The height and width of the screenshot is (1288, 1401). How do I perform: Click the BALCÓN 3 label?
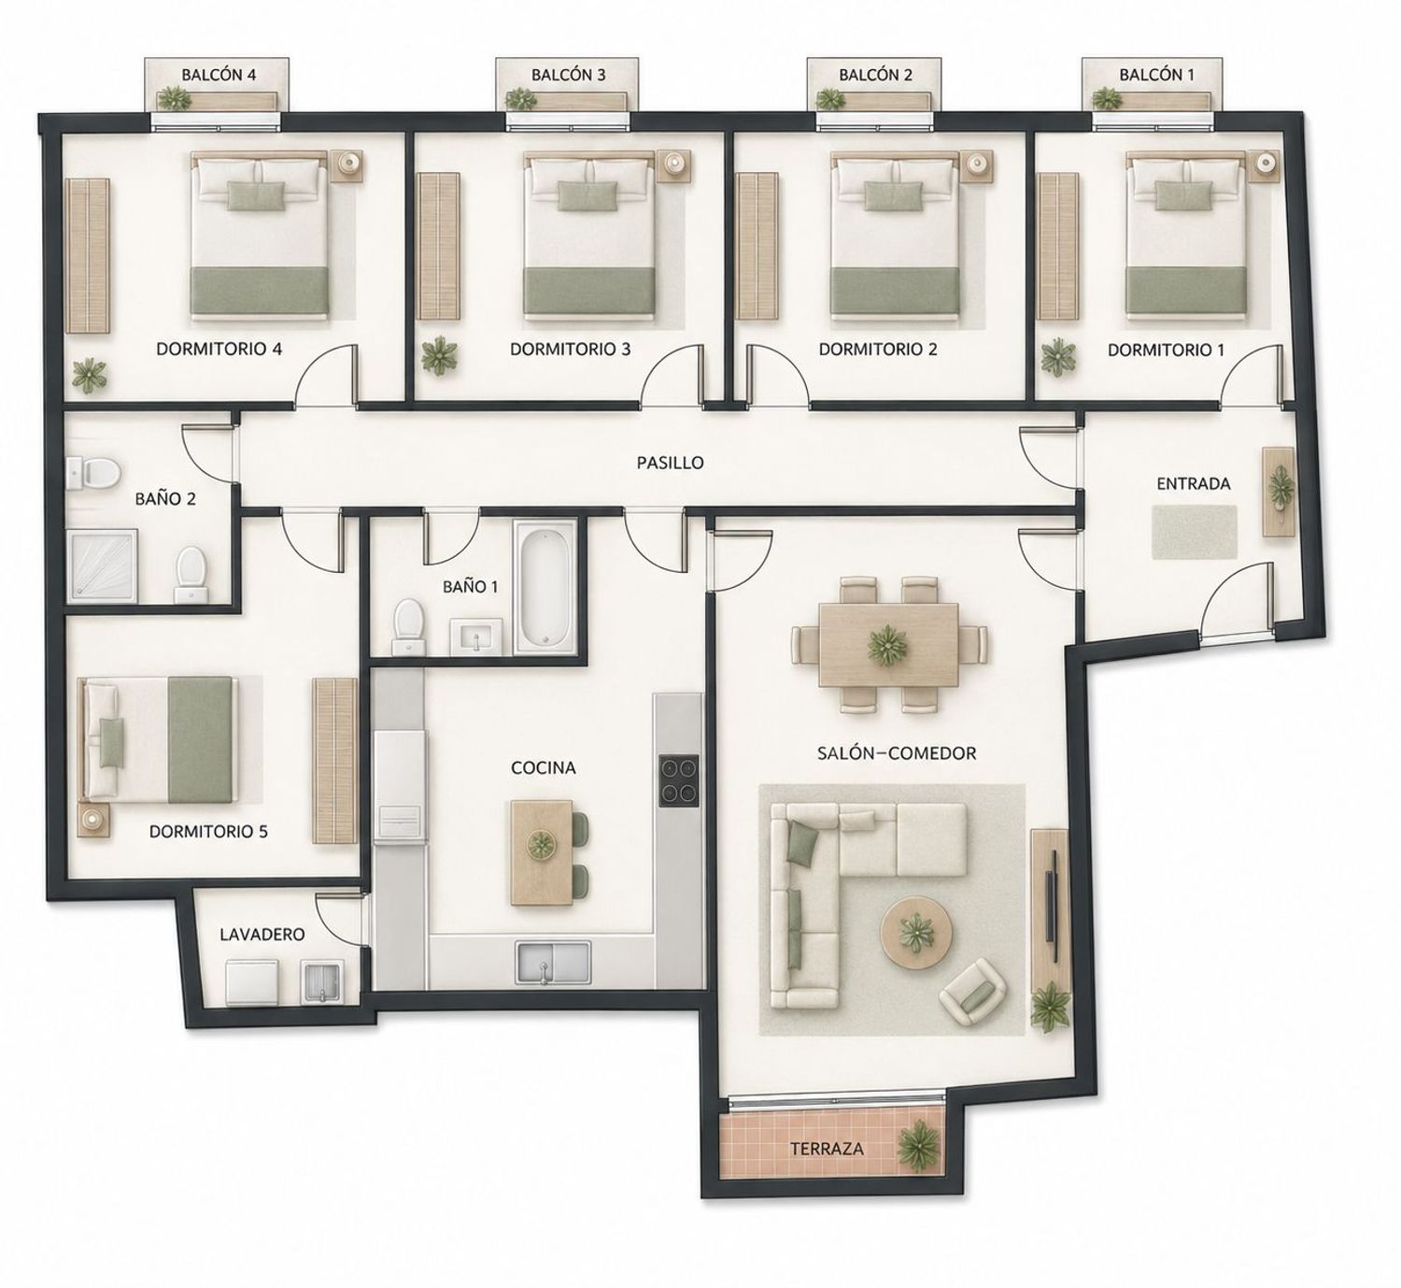coord(568,75)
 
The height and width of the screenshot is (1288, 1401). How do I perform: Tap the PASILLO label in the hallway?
coord(670,462)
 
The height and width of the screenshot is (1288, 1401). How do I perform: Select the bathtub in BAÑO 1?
coord(545,586)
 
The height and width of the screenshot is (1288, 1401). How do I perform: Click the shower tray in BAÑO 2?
coord(103,565)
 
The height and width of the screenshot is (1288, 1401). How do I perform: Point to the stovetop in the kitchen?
coord(678,781)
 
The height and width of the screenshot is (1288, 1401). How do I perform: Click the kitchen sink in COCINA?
coord(553,962)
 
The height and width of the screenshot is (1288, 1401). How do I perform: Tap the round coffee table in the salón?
coord(916,933)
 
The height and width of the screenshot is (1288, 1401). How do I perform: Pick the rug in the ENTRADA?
coord(1195,532)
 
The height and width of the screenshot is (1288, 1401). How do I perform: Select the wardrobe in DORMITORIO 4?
coord(87,256)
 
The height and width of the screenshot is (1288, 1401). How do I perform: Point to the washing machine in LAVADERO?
coord(253,982)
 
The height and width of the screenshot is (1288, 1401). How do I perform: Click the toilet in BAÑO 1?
coord(408,627)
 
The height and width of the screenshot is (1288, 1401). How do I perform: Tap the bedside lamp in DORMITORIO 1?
coord(1265,163)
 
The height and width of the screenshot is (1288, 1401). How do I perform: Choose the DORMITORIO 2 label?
coord(877,349)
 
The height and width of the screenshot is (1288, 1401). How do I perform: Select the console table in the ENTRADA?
coord(1279,492)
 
